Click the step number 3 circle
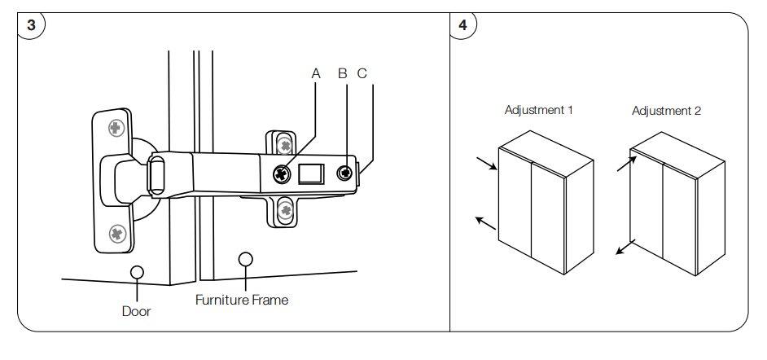click(x=31, y=24)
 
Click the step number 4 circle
click(x=462, y=24)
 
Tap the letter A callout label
click(x=316, y=73)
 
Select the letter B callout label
click(x=343, y=73)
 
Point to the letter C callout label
click(x=362, y=73)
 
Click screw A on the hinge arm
click(x=283, y=173)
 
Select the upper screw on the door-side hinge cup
click(x=116, y=127)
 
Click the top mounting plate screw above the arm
click(x=285, y=145)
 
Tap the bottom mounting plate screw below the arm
click(x=285, y=211)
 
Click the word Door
click(x=137, y=311)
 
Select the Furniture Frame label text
click(x=242, y=300)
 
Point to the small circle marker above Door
click(x=137, y=271)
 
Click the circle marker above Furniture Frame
click(x=245, y=259)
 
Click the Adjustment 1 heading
click(x=538, y=110)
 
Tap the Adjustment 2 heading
click(x=666, y=111)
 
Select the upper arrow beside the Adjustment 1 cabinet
click(x=486, y=164)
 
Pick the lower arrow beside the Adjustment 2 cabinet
click(x=625, y=247)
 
